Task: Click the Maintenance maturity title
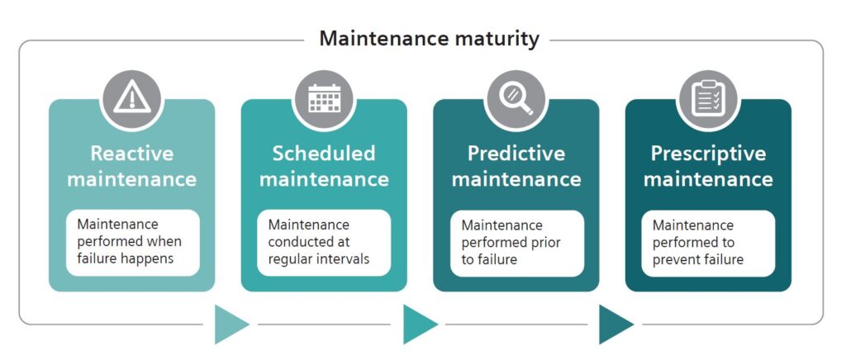pyautogui.click(x=429, y=39)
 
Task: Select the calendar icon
pyautogui.click(x=324, y=99)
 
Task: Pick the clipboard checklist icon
pyautogui.click(x=708, y=98)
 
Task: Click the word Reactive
pyautogui.click(x=132, y=153)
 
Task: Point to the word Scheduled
pyautogui.click(x=324, y=153)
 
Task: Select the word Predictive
pyautogui.click(x=516, y=154)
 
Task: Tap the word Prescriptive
pyautogui.click(x=708, y=154)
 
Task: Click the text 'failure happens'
pyautogui.click(x=126, y=258)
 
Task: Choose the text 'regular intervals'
pyautogui.click(x=319, y=258)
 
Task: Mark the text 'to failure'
pyautogui.click(x=489, y=259)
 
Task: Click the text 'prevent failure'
pyautogui.click(x=698, y=259)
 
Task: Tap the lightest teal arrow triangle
pyautogui.click(x=230, y=324)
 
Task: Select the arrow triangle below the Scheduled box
pyautogui.click(x=418, y=324)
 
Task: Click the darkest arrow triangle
pyautogui.click(x=614, y=324)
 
